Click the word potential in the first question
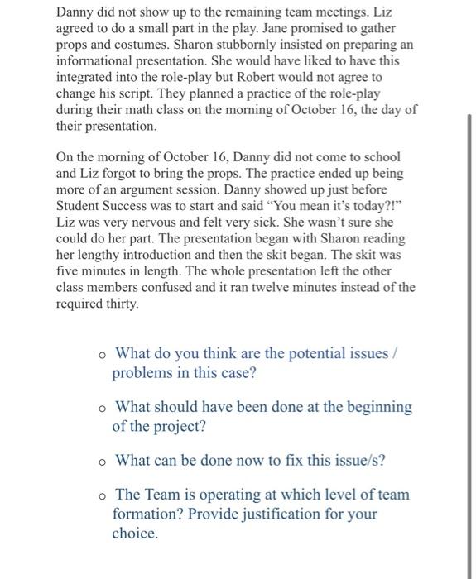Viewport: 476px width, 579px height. point(293,353)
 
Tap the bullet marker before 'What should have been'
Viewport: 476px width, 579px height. point(100,408)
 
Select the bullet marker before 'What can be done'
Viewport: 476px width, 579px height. point(100,461)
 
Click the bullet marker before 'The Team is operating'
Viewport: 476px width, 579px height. point(100,495)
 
